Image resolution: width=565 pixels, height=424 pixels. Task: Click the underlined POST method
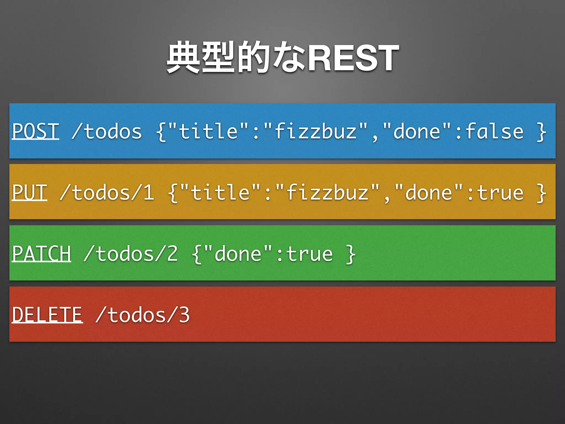pos(36,131)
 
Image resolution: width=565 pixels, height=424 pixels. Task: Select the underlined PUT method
pos(30,192)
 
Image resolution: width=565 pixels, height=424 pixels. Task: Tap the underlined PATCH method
pos(42,254)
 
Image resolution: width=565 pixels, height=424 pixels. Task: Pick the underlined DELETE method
pos(47,315)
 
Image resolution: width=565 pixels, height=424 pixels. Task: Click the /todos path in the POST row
pos(107,131)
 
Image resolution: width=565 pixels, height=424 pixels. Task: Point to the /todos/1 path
pos(107,192)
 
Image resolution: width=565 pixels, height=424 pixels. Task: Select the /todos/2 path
pos(131,254)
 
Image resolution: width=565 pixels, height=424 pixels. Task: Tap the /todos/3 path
pos(143,315)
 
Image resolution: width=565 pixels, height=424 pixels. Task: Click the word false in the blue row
pos(494,131)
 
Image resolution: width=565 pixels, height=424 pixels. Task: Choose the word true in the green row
pos(310,254)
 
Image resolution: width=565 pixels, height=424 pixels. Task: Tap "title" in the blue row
pos(208,131)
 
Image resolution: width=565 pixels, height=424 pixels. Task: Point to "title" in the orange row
pos(220,192)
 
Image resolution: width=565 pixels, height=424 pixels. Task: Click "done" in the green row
pos(238,254)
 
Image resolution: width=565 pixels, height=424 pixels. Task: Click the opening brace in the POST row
pos(161,132)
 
